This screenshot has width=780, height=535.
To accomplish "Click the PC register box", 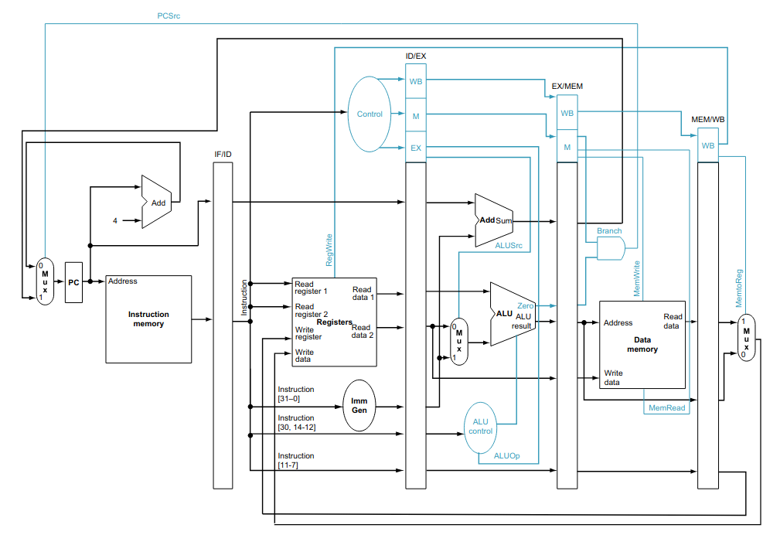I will (73, 282).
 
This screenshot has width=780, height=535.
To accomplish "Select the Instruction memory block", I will (148, 319).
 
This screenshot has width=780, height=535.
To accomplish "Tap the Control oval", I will (370, 114).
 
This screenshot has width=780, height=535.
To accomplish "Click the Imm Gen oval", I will (359, 405).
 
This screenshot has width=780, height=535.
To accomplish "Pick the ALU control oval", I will (480, 426).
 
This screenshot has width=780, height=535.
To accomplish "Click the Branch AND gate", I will (611, 248).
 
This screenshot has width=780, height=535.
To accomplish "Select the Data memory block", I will (642, 344).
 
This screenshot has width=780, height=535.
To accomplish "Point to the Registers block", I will (334, 322).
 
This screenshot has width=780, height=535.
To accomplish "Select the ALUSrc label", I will (509, 245).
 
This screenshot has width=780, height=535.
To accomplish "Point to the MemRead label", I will (666, 407).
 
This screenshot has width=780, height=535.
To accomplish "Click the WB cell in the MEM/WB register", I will (708, 145).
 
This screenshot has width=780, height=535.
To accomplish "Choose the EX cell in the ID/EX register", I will (416, 147).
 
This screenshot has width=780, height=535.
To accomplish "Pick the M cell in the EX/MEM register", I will (567, 147).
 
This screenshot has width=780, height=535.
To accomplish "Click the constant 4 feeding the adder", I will (115, 221).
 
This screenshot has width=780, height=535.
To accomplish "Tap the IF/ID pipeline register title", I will (223, 154).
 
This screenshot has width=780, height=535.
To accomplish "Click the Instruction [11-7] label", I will (296, 460).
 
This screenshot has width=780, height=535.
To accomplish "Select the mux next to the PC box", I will (45, 281).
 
